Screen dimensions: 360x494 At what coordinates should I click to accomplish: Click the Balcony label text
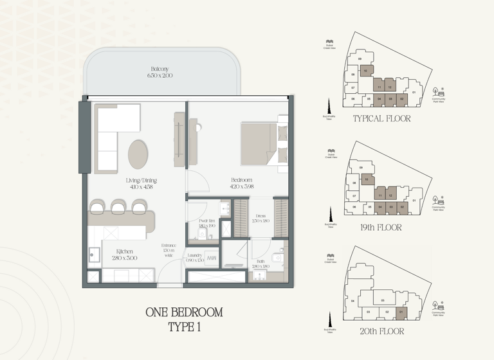click(160, 68)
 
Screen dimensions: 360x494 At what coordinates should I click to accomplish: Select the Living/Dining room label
click(142, 181)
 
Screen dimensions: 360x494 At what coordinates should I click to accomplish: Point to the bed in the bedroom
click(264, 143)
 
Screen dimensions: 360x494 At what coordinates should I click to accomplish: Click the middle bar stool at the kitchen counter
click(118, 207)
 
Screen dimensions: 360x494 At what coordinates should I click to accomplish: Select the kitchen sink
click(94, 255)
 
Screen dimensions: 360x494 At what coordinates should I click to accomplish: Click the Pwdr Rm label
click(206, 221)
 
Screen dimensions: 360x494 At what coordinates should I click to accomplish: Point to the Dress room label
click(261, 216)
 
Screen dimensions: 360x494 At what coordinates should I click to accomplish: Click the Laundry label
click(195, 255)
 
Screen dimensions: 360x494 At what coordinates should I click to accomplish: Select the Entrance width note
click(169, 251)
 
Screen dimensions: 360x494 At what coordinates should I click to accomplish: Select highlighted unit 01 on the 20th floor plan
click(401, 313)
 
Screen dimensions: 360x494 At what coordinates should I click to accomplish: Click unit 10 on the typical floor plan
click(365, 71)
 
